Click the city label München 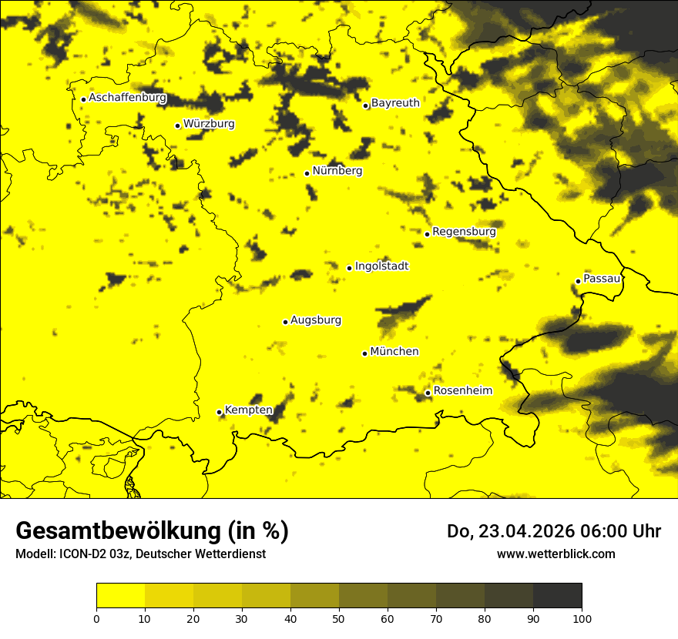394,352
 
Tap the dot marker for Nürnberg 307,173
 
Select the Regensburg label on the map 464,232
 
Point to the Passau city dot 578,281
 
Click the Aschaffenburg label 127,98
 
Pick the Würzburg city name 209,124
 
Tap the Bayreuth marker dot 366,105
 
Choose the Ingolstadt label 381,266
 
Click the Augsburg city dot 285,322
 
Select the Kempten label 248,410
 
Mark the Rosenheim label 462,391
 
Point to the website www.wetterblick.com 555,554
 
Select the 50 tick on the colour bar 339,617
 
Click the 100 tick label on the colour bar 582,617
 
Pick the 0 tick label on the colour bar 96,617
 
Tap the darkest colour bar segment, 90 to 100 557,596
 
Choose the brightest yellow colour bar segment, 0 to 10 120,596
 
